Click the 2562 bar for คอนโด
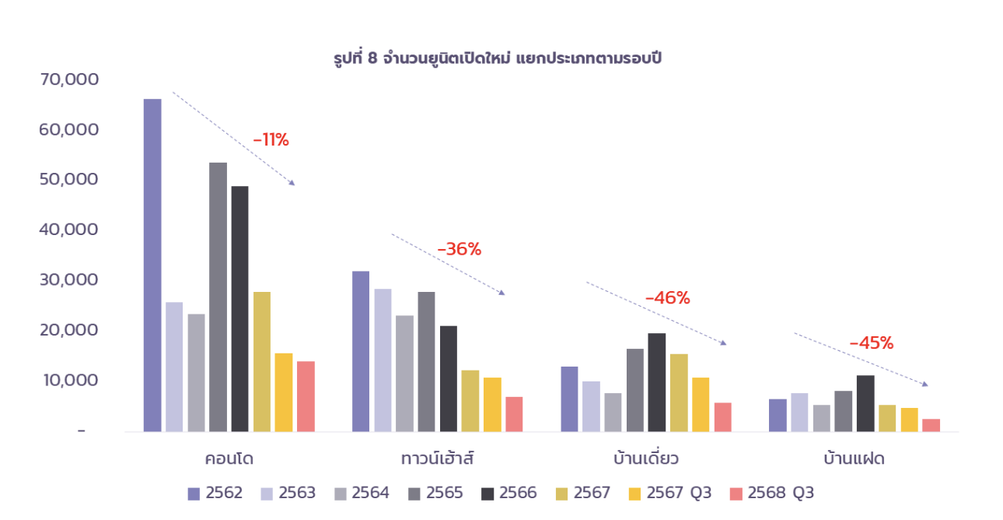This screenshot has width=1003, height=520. [x=152, y=265]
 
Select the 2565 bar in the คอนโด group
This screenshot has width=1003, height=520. [x=218, y=297]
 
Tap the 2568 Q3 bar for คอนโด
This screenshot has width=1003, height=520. [x=306, y=396]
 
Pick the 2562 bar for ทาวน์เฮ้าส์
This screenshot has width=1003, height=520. [x=361, y=351]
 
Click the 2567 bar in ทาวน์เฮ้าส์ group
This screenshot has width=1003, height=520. [x=470, y=401]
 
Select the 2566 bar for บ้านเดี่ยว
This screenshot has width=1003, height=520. [x=657, y=382]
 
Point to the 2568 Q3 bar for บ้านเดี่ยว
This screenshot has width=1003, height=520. [x=722, y=417]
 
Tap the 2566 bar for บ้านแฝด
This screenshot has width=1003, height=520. [x=865, y=403]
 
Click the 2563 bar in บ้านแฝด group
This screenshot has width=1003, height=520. [x=799, y=412]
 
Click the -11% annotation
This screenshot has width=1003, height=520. [x=271, y=141]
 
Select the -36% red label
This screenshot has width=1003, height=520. [x=460, y=250]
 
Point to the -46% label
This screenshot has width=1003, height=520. [x=667, y=298]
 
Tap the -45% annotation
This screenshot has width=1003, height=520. [x=871, y=343]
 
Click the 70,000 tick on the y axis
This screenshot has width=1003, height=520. [x=69, y=79]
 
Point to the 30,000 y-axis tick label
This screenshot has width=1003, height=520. [x=69, y=279]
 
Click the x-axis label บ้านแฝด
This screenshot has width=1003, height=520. [x=854, y=459]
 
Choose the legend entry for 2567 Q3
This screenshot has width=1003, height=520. [x=669, y=493]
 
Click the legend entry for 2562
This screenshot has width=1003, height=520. [x=215, y=493]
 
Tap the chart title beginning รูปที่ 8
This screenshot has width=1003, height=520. [x=498, y=58]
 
